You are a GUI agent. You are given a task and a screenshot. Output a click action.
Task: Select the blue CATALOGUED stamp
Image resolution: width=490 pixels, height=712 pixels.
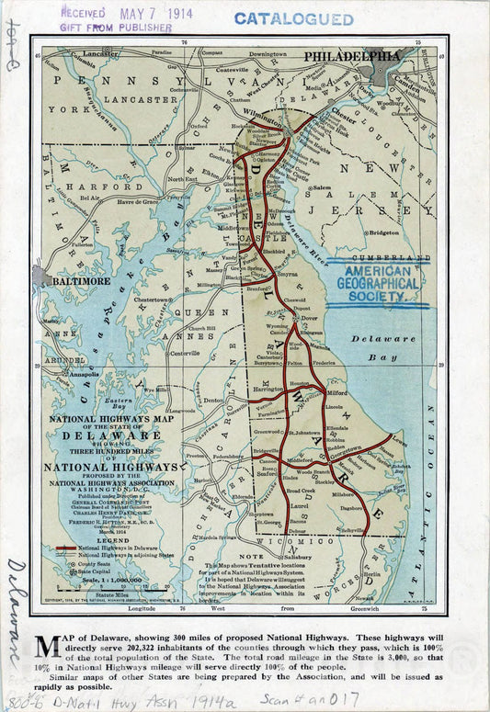tap(293, 18)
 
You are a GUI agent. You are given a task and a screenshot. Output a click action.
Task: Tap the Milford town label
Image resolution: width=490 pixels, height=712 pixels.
tap(336, 393)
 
